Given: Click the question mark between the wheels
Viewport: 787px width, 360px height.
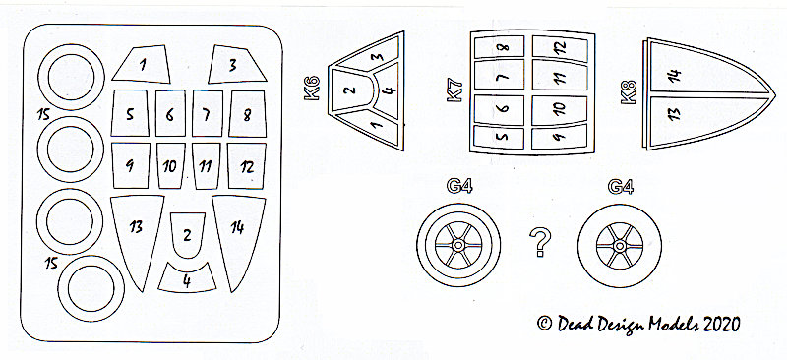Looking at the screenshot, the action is [540, 241].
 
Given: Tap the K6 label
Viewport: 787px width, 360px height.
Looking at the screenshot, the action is [312, 88].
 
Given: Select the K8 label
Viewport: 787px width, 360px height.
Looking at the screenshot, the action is [629, 91].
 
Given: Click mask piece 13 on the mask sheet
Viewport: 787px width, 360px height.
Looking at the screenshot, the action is [137, 236].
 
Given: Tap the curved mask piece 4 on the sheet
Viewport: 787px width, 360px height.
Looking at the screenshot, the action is [187, 278].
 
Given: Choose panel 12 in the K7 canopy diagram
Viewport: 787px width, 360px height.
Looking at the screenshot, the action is [560, 48].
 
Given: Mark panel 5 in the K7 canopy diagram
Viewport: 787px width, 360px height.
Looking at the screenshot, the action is [499, 137].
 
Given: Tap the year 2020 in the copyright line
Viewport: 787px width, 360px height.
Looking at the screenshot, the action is [722, 324].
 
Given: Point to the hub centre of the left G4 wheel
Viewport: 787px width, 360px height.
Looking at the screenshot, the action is [458, 245].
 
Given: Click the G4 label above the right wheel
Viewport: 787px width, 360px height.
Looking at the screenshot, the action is [621, 186].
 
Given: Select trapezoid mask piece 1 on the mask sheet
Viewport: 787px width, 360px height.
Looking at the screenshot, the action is [143, 64].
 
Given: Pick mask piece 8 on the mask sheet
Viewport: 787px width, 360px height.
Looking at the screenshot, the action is [248, 114].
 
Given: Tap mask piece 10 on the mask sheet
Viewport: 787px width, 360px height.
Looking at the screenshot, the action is [170, 165].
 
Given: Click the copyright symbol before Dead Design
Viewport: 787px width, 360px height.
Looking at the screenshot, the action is [545, 323].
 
